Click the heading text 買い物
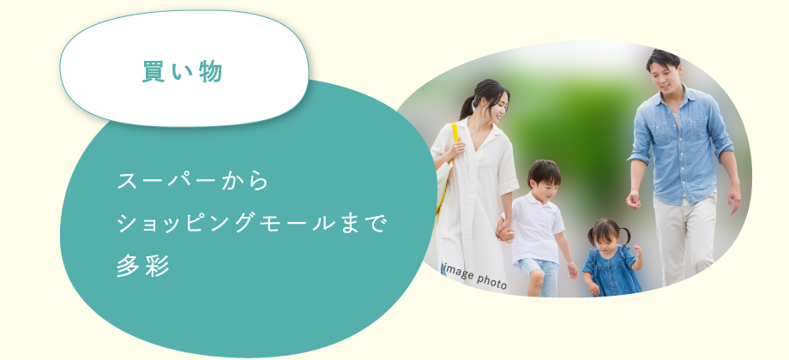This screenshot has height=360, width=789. [x=182, y=71]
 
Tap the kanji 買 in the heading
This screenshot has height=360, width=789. [x=153, y=71]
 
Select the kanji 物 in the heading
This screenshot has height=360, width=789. [x=211, y=71]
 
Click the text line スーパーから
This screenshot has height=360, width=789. [x=193, y=181]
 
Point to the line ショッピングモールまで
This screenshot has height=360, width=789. [x=251, y=223]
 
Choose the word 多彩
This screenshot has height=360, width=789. [x=143, y=266]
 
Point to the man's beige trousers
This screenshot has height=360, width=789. [x=684, y=240]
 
